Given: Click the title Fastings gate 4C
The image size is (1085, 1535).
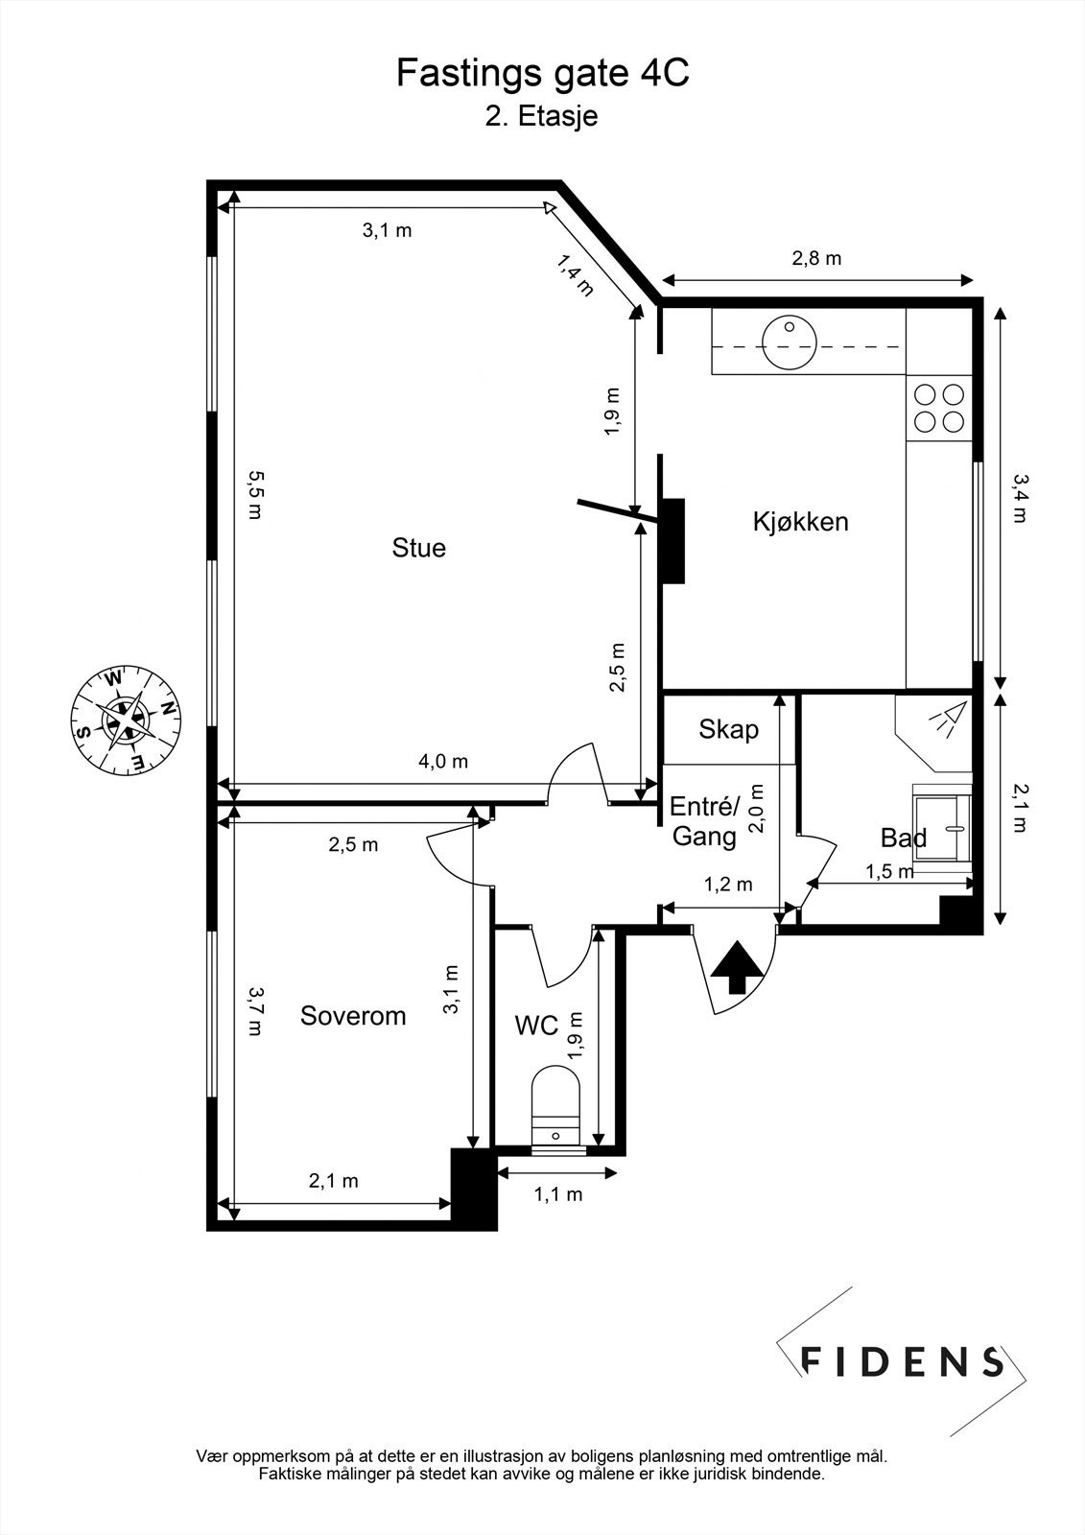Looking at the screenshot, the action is click(542, 73).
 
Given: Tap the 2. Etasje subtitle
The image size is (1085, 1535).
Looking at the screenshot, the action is click(541, 116).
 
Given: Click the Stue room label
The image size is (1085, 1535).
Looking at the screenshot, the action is click(419, 548).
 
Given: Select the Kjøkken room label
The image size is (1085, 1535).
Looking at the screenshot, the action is click(800, 522).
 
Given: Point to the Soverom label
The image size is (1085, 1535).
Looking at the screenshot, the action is click(353, 1016).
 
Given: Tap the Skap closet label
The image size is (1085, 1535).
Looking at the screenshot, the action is click(728, 730).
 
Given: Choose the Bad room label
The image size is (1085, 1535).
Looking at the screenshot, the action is click(904, 838).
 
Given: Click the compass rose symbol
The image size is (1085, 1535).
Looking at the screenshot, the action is click(127, 720).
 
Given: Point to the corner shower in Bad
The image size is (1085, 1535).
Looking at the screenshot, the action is click(934, 733).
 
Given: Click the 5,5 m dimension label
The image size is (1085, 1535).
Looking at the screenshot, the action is click(255, 495).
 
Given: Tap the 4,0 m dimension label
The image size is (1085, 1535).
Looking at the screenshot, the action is click(443, 761).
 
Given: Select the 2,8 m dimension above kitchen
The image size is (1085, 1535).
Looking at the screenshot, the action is click(816, 258).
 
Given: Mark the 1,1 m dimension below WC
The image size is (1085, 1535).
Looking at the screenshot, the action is click(558, 1194).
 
